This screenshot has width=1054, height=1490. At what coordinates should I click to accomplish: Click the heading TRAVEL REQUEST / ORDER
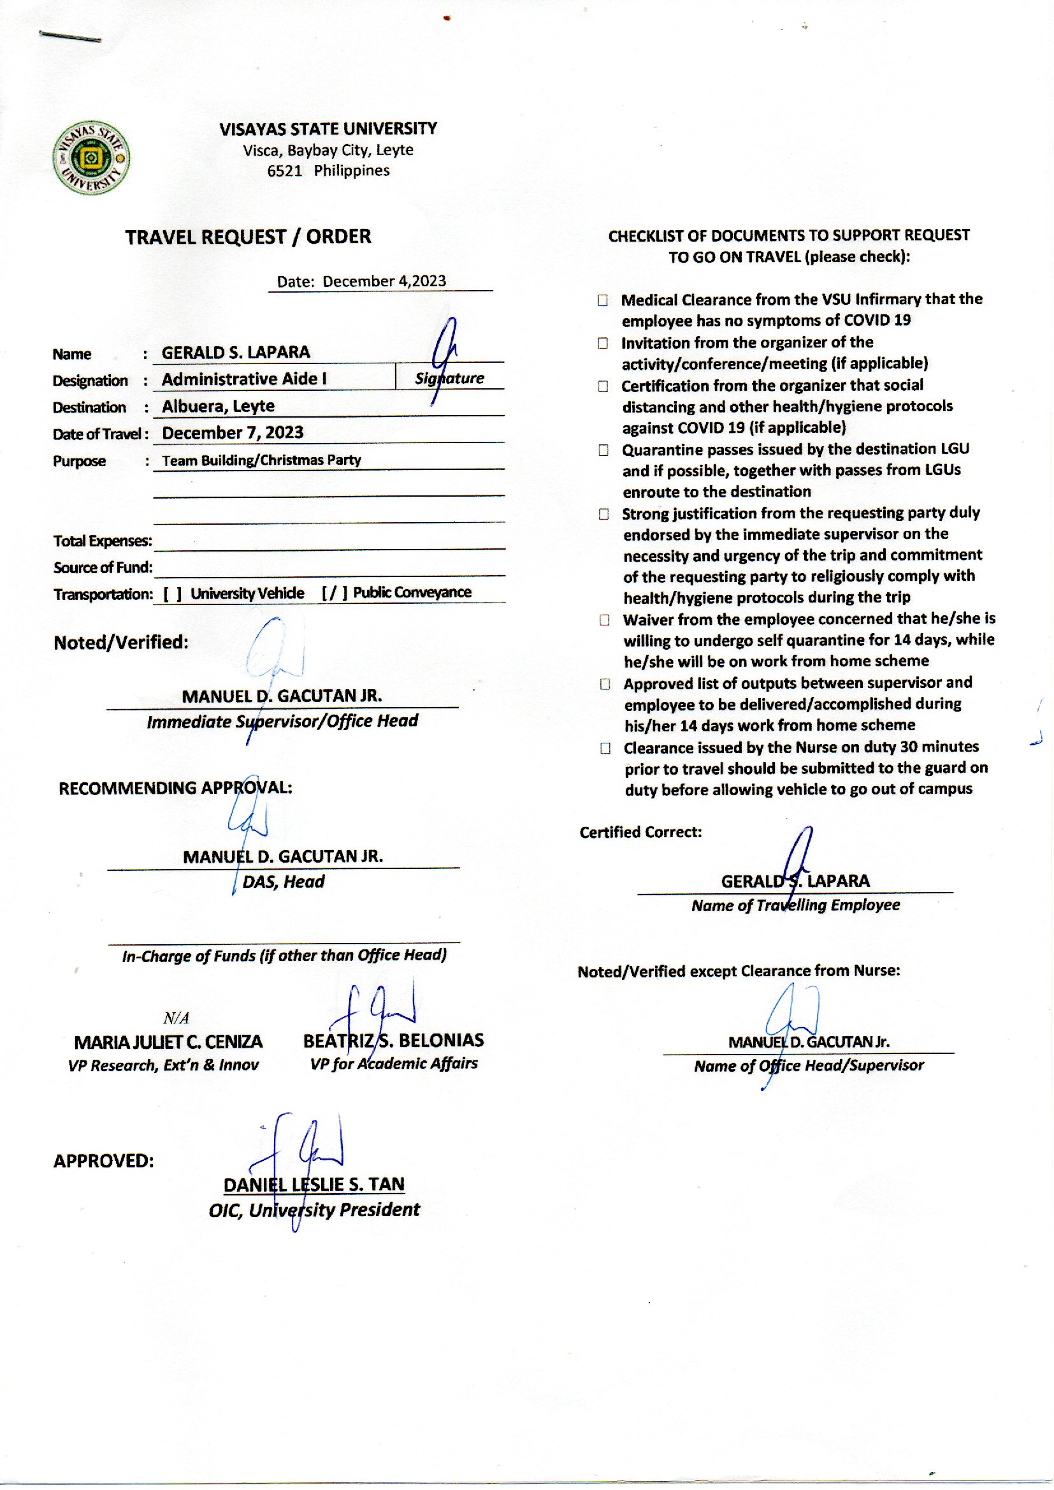point(248,237)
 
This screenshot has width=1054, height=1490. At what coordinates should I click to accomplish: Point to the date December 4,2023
point(384,281)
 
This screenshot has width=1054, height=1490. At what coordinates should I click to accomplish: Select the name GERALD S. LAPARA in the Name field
point(236,353)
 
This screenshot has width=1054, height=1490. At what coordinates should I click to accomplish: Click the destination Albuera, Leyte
point(218,405)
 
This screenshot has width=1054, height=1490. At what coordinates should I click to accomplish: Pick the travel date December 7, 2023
point(233,432)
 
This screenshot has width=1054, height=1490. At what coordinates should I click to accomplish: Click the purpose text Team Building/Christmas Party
point(261,460)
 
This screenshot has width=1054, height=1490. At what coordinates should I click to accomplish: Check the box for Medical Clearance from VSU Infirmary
point(603,300)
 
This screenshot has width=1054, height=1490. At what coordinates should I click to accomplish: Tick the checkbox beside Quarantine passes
point(603,450)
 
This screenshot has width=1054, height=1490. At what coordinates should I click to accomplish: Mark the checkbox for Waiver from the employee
point(604,620)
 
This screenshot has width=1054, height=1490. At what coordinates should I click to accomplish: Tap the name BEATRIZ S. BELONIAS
point(393,1040)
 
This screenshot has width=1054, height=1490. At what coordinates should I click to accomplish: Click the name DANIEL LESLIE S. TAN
point(314,1184)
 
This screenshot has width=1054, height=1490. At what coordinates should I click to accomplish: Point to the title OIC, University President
point(314,1209)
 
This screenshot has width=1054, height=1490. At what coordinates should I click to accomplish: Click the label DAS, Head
point(283,882)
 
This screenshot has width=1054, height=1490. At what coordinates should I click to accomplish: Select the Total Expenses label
point(103,541)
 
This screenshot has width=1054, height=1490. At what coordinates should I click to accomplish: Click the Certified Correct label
point(640,832)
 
